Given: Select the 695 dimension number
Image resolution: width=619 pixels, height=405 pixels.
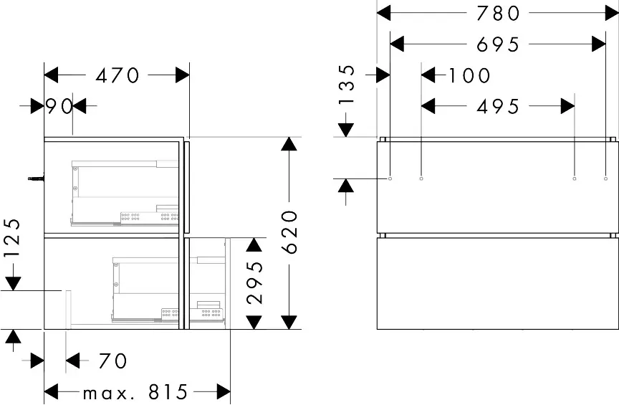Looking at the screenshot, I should [x=498, y=44].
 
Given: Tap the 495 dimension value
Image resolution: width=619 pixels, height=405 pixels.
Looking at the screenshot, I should [x=498, y=106].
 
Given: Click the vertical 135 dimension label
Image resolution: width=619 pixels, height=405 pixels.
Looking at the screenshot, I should [x=347, y=85].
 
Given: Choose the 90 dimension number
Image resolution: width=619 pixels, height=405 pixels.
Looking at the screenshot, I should [x=59, y=107].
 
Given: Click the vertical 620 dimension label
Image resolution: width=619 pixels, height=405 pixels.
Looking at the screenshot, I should [x=289, y=232].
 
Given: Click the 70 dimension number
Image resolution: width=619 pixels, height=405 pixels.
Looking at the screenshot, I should [x=112, y=360].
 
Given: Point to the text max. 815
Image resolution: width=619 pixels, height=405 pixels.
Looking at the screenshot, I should [x=135, y=392].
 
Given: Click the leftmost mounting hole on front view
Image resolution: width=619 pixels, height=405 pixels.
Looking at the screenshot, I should [x=390, y=178].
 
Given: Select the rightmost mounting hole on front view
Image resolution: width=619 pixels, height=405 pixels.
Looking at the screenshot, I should [x=606, y=178].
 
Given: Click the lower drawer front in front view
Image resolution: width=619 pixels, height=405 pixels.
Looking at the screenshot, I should [x=497, y=283].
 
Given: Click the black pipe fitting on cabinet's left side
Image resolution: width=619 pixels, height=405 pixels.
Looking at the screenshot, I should [x=35, y=177].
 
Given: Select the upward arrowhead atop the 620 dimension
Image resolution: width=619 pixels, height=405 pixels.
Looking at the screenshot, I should [x=289, y=144].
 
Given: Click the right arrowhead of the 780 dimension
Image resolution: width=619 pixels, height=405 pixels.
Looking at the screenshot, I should [x=609, y=12].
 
